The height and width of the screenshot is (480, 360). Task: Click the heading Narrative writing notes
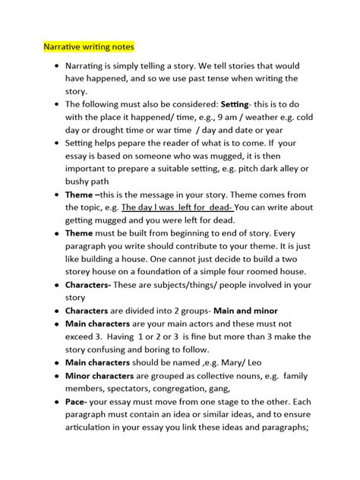[87, 46]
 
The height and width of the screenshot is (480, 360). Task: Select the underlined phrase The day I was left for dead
[182, 207]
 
